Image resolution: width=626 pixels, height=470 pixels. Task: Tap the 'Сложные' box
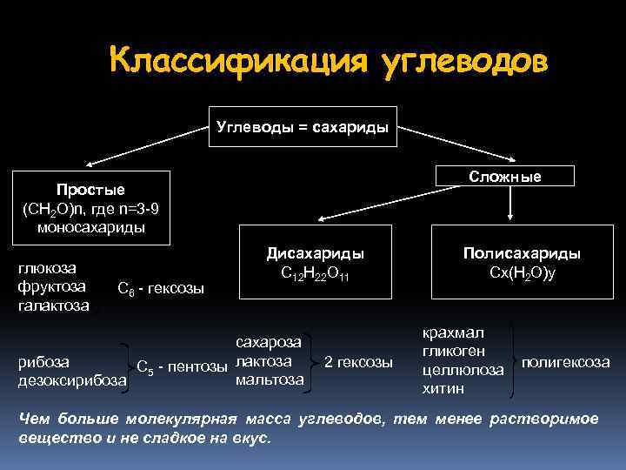pos(504,177)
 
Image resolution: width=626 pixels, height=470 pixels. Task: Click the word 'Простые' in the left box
pos(90,190)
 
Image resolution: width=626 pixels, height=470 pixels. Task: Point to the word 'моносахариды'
pos(90,227)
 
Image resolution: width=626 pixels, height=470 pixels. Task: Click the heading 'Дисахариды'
pos(315,252)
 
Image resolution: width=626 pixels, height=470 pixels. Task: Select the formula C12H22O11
pos(315,272)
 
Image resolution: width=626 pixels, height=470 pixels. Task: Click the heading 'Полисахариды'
pos(522,252)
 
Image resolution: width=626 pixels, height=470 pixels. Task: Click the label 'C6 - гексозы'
pos(160,288)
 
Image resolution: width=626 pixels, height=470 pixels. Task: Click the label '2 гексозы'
pos(358,360)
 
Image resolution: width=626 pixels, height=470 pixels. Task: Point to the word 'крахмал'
pos(453,332)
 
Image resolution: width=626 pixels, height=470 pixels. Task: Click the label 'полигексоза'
pos(565,360)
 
